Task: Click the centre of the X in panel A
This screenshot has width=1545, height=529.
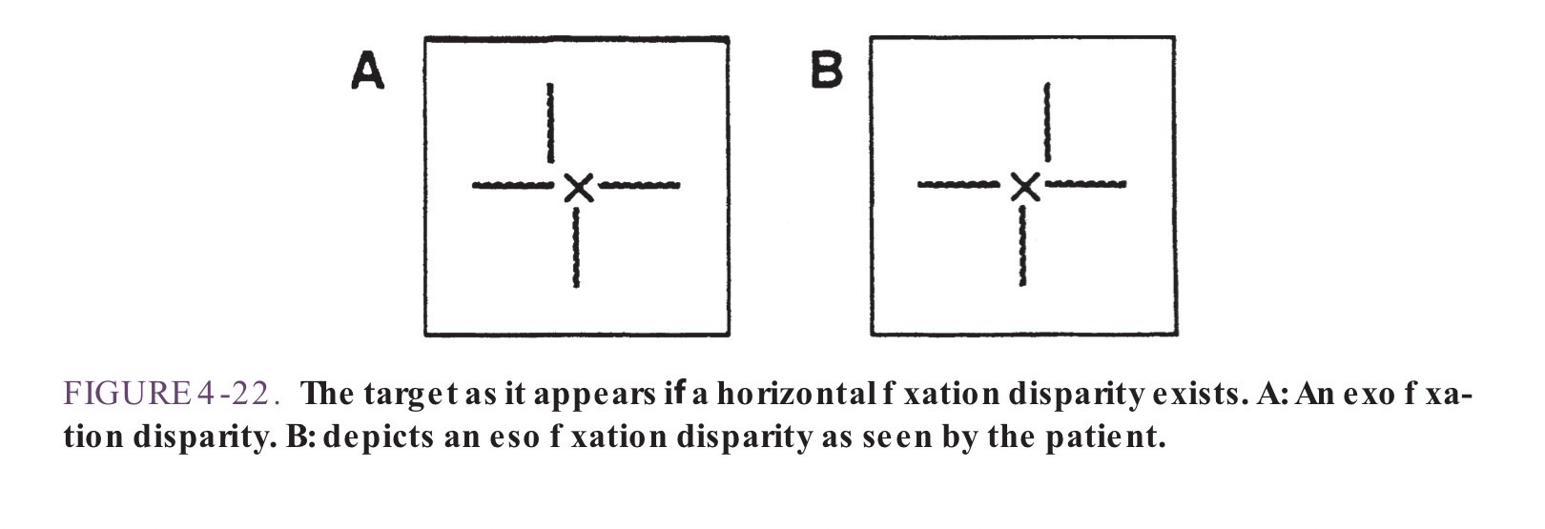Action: [x=578, y=188]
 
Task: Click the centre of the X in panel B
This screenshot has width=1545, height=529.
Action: [x=1025, y=187]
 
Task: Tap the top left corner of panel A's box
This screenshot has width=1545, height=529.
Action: [x=425, y=37]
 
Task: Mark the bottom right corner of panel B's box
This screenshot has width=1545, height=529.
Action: [x=1175, y=335]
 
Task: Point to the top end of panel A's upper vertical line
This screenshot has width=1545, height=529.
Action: [x=549, y=84]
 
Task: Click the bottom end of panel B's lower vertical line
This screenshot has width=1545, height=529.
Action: [x=1023, y=283]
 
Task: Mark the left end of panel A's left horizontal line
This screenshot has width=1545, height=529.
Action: [x=473, y=185]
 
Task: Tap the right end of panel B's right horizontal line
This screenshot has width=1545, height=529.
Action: [x=1125, y=183]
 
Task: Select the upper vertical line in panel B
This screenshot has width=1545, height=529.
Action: [x=1048, y=122]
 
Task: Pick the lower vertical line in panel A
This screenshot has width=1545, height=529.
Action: [x=576, y=247]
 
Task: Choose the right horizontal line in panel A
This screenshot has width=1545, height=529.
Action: [x=639, y=185]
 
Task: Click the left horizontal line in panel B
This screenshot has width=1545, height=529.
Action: [x=958, y=184]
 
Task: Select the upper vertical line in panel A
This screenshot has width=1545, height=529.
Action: [x=549, y=124]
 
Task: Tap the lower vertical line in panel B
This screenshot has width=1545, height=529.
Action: [x=1023, y=245]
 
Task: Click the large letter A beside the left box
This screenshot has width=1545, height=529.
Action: [x=367, y=71]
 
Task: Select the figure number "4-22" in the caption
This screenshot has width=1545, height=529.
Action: [x=239, y=394]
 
